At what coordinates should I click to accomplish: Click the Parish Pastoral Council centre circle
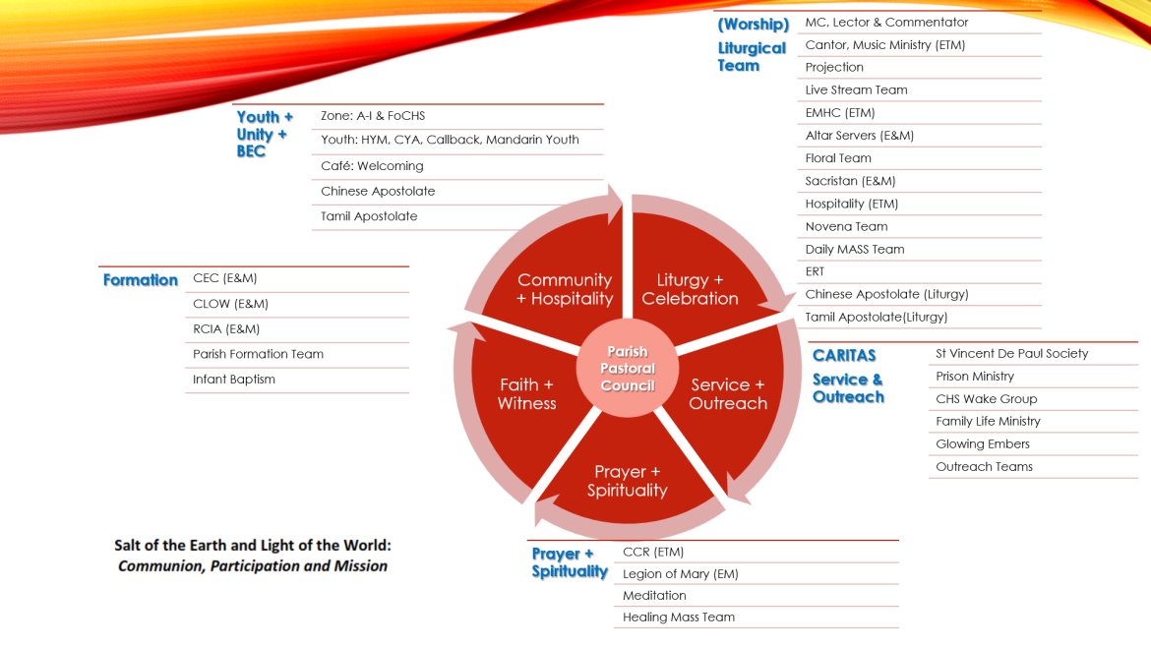point(628,369)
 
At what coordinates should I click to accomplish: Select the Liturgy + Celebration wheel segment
point(690,289)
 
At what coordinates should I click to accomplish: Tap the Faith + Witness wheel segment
point(526,393)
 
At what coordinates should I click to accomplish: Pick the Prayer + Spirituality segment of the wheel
point(628,481)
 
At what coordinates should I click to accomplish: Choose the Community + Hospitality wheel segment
point(565,289)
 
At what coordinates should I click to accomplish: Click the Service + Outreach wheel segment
point(728,393)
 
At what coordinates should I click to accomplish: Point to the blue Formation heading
point(141,280)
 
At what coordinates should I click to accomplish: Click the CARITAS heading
point(844,355)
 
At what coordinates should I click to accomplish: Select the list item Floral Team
point(838,158)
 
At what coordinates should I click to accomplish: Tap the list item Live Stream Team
point(856,89)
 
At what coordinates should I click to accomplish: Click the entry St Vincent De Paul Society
point(1011,354)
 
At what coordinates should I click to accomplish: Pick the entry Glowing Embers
point(983,444)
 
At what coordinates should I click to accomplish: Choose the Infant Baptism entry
point(234,380)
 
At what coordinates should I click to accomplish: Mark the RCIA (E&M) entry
point(226,329)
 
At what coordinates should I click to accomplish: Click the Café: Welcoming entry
point(372,166)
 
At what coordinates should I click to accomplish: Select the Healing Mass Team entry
point(679,618)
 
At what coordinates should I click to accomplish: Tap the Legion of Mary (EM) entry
point(681,574)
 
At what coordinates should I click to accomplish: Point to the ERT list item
point(815,271)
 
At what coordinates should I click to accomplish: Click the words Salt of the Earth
point(171,545)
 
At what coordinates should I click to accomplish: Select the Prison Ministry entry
point(975,377)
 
